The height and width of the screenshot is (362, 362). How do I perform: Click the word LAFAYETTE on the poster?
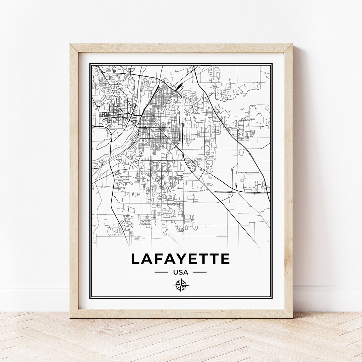[x=180, y=259]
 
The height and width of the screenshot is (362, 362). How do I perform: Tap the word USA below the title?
[x=181, y=272]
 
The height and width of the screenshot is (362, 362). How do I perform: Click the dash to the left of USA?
[x=161, y=272]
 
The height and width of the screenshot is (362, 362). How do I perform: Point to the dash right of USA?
[x=200, y=272]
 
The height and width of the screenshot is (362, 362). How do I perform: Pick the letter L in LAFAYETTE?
[x=136, y=259]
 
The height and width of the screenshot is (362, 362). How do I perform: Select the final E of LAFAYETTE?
[x=225, y=259]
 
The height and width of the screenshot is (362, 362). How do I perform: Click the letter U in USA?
[x=175, y=272]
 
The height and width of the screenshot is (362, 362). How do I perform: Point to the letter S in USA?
[x=180, y=272]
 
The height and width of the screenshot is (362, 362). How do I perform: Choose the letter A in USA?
[x=186, y=272]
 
